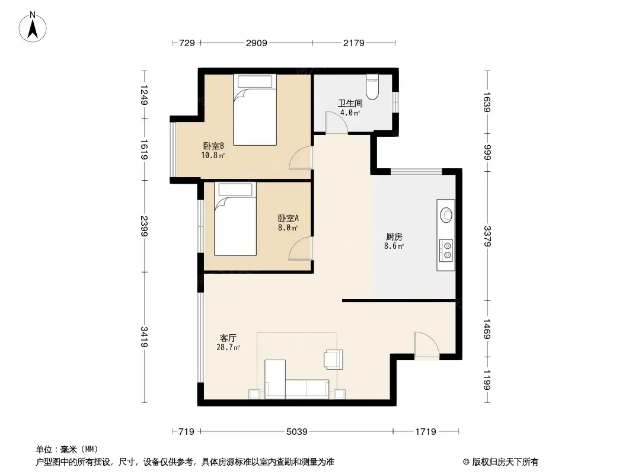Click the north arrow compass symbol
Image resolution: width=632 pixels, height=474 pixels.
pyautogui.click(x=33, y=27)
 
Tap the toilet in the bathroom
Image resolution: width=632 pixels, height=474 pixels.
pyautogui.click(x=372, y=87)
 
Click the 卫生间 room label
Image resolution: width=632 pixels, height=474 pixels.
pyautogui.click(x=350, y=103)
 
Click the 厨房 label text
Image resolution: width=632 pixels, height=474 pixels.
pyautogui.click(x=394, y=236)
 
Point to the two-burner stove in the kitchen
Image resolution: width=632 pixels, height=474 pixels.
pyautogui.click(x=446, y=249)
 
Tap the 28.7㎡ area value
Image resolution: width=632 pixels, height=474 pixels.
pyautogui.click(x=228, y=348)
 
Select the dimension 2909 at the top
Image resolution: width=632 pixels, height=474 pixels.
pyautogui.click(x=257, y=43)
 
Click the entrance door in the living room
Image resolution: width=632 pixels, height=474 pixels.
pyautogui.click(x=426, y=345)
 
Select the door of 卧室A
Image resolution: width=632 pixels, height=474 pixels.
pyautogui.click(x=300, y=248)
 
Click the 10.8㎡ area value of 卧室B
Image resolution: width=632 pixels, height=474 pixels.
pyautogui.click(x=213, y=156)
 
